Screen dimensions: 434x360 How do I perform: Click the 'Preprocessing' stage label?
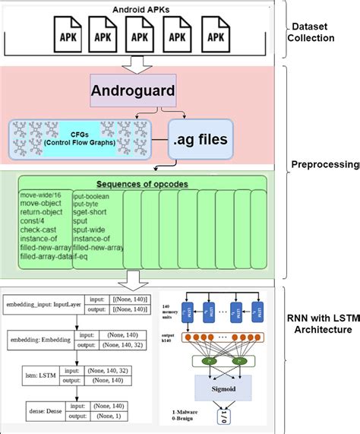coord(325,163)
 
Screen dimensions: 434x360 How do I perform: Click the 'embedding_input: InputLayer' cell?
coord(44,305)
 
